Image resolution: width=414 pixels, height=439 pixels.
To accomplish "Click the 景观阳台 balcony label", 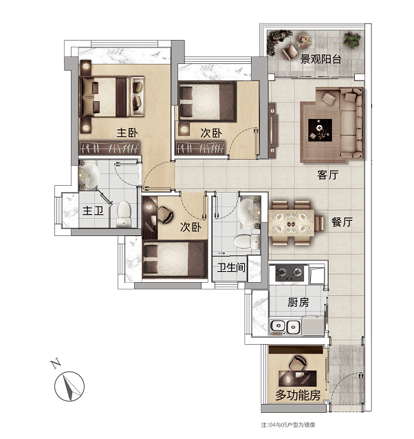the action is [320, 59].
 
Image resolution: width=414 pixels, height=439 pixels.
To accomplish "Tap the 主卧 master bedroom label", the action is [127, 133].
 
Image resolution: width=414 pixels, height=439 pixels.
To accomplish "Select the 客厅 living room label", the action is [328, 175].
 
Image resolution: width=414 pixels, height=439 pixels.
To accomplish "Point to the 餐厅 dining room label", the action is [342, 222].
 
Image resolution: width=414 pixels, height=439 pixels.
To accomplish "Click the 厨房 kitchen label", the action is [298, 302].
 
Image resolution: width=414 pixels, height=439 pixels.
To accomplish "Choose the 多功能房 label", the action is [298, 396].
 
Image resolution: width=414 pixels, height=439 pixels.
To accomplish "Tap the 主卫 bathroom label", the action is [93, 211].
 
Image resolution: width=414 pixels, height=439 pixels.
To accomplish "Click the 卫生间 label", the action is [231, 268].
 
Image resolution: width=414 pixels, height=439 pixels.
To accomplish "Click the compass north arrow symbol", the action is [69, 387].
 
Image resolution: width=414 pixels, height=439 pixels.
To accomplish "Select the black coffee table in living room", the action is [320, 130].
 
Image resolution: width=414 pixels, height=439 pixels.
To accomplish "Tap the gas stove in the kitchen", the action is [290, 272].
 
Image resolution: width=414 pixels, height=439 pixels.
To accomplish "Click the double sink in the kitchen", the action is [285, 326].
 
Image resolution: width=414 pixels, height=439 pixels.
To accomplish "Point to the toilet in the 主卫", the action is [124, 214].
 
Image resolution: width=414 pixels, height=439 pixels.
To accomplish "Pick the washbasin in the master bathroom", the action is [89, 175].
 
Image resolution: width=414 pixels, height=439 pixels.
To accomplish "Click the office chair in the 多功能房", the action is [298, 363].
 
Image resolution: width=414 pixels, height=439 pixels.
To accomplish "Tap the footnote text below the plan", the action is [288, 425].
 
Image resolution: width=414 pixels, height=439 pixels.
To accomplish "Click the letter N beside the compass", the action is [56, 363].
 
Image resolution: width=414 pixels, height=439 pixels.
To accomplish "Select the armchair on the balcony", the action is [290, 52].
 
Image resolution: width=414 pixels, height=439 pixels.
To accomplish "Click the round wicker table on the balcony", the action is [304, 40].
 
